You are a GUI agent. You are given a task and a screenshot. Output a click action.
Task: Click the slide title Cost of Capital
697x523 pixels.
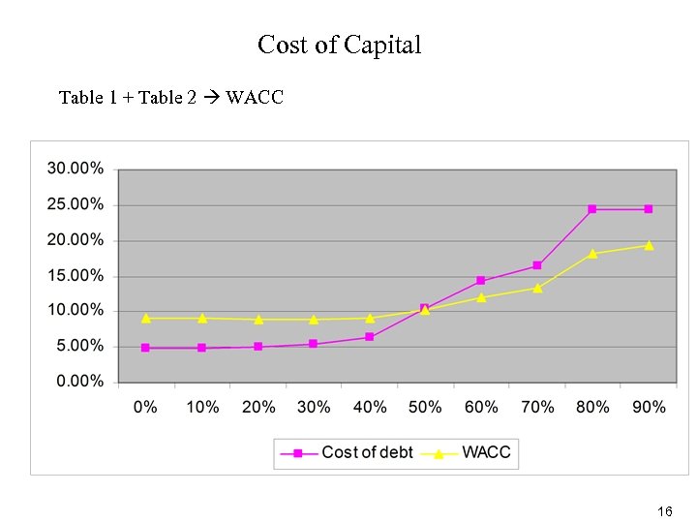click(x=339, y=45)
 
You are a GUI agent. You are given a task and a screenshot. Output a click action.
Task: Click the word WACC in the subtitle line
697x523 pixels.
click(x=255, y=97)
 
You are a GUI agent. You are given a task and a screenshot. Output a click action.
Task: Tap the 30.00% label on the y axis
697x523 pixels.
click(x=76, y=169)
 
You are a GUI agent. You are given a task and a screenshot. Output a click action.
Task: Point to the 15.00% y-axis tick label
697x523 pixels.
click(x=76, y=275)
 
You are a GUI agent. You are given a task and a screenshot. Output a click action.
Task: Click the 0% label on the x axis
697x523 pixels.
click(x=145, y=407)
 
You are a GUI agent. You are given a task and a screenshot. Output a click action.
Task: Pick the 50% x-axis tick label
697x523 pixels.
click(x=425, y=407)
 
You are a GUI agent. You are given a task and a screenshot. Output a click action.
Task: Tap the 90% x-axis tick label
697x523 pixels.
click(x=649, y=407)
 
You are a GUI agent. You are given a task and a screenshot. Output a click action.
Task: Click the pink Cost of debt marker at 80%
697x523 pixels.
click(x=592, y=209)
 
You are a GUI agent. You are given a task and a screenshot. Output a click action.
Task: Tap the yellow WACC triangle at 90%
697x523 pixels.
click(x=649, y=245)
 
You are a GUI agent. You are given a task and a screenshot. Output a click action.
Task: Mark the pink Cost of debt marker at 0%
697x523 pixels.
click(x=145, y=348)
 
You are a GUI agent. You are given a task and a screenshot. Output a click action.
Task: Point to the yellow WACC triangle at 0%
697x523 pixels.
click(x=145, y=318)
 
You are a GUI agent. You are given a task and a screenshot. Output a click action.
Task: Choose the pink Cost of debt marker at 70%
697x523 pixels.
click(x=536, y=265)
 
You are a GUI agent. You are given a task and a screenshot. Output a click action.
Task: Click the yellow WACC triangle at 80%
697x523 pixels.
click(x=592, y=254)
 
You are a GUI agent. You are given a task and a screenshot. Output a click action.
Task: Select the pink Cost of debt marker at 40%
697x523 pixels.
click(x=369, y=337)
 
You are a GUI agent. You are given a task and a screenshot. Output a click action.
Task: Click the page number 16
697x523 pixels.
click(x=664, y=510)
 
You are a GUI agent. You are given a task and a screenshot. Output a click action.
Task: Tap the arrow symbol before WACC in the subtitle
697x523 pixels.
click(x=211, y=97)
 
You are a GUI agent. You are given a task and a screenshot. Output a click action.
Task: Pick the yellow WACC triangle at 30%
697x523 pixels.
click(x=314, y=319)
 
